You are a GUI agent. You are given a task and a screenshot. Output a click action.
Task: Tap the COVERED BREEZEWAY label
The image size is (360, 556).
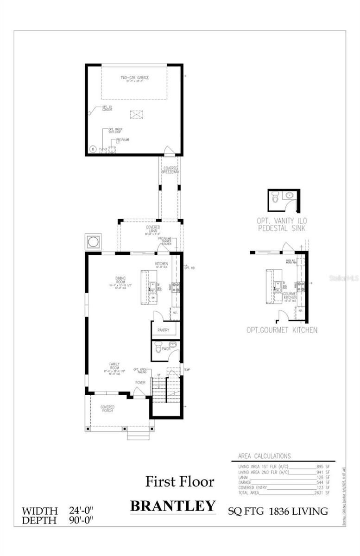click(x=171, y=170)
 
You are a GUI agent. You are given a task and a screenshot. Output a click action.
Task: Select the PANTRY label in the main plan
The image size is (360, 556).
click(x=163, y=330)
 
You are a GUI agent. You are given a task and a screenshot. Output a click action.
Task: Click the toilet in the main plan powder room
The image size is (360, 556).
click(x=158, y=347)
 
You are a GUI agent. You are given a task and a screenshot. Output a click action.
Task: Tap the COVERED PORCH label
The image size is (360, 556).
click(x=107, y=409)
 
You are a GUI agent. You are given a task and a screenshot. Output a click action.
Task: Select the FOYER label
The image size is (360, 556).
click(x=140, y=383)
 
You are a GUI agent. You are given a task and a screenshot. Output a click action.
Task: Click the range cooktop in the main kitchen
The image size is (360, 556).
click(x=176, y=287)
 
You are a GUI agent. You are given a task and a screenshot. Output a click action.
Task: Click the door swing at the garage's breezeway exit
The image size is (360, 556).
click(x=170, y=150)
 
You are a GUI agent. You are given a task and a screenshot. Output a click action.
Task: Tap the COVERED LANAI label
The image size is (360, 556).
click(x=153, y=229)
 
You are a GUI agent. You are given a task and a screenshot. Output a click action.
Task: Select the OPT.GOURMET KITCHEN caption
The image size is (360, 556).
click(x=282, y=330)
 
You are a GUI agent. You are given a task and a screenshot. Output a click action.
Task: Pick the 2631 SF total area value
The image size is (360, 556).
click(x=322, y=493)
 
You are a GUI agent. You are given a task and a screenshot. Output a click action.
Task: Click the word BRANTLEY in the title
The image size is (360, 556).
click(x=172, y=506)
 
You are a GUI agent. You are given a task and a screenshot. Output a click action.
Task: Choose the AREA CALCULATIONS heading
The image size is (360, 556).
click(x=264, y=456)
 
